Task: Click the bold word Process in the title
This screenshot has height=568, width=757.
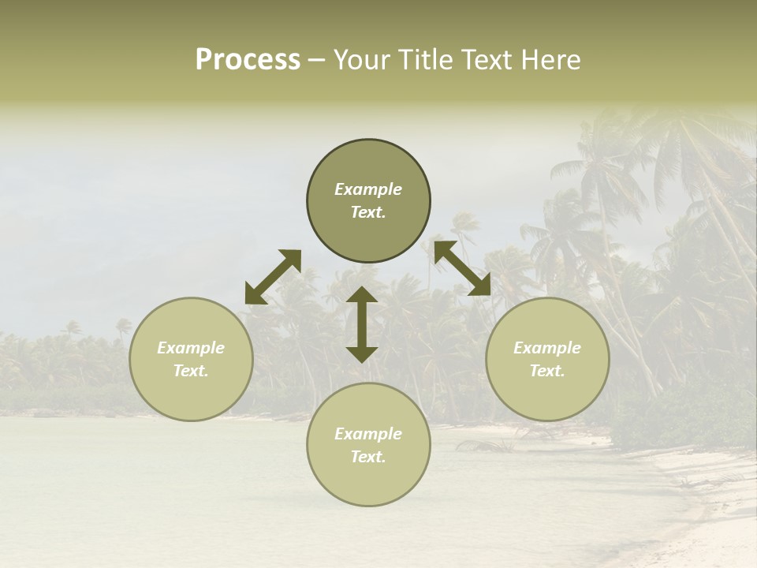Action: (x=248, y=60)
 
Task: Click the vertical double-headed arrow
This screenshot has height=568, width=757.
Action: (x=362, y=324)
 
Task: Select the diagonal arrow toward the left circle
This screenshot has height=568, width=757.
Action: (x=273, y=277)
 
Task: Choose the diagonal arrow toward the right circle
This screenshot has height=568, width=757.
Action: (x=462, y=268)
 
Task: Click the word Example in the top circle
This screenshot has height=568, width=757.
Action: (x=368, y=189)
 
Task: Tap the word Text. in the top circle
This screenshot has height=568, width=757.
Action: (x=368, y=212)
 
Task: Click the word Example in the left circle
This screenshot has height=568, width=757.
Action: (x=191, y=348)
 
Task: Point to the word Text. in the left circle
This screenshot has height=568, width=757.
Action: (x=191, y=371)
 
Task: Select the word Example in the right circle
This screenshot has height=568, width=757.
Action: (x=547, y=348)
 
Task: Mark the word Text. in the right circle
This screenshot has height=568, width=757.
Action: (x=547, y=371)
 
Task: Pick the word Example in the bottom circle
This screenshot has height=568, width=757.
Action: (x=368, y=434)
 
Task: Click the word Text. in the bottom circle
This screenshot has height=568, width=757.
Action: (x=368, y=457)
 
